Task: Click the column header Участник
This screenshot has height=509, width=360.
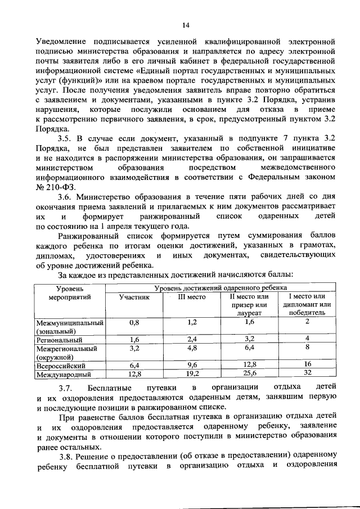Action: pyautogui.click(x=134, y=297)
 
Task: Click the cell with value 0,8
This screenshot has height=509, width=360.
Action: pyautogui.click(x=134, y=322)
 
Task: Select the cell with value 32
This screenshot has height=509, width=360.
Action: pyautogui.click(x=307, y=373)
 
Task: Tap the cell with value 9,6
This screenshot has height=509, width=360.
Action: pyautogui.click(x=192, y=364)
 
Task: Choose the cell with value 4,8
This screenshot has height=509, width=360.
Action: pyautogui.click(x=192, y=348)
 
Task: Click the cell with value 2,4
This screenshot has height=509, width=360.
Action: pyautogui.click(x=192, y=340)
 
